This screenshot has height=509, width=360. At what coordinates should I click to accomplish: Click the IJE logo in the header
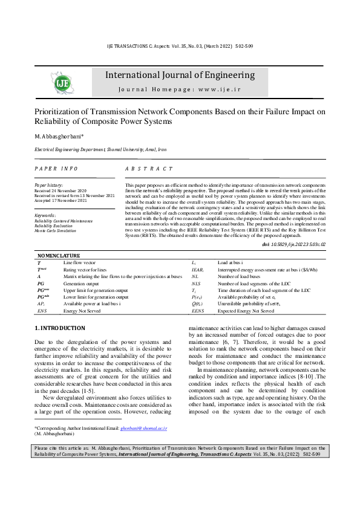coord(62,82)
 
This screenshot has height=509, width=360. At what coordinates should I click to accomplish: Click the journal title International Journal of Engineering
coord(180,76)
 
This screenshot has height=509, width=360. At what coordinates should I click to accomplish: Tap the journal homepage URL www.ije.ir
coord(217,89)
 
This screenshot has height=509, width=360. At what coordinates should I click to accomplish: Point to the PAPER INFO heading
coord(56,169)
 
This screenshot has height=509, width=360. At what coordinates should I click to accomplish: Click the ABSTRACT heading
coord(149,169)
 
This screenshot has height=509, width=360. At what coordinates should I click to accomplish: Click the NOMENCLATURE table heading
coord(59,256)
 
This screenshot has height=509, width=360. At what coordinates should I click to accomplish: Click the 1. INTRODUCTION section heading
coord(60,328)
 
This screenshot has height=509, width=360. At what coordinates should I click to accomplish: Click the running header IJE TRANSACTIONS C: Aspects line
coord(180,46)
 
